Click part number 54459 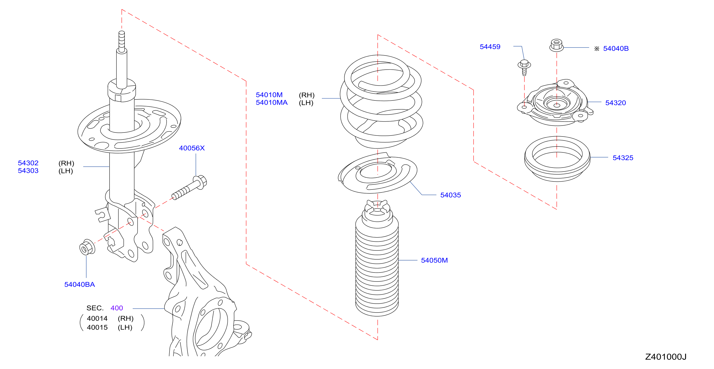490,46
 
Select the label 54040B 616,48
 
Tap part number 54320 615,103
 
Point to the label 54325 623,158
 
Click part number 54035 450,195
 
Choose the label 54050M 434,260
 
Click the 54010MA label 272,103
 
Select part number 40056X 192,148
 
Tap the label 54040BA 80,284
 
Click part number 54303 28,171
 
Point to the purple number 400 117,308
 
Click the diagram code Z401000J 666,357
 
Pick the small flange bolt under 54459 524,67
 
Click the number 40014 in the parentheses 97,319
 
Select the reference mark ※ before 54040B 597,49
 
